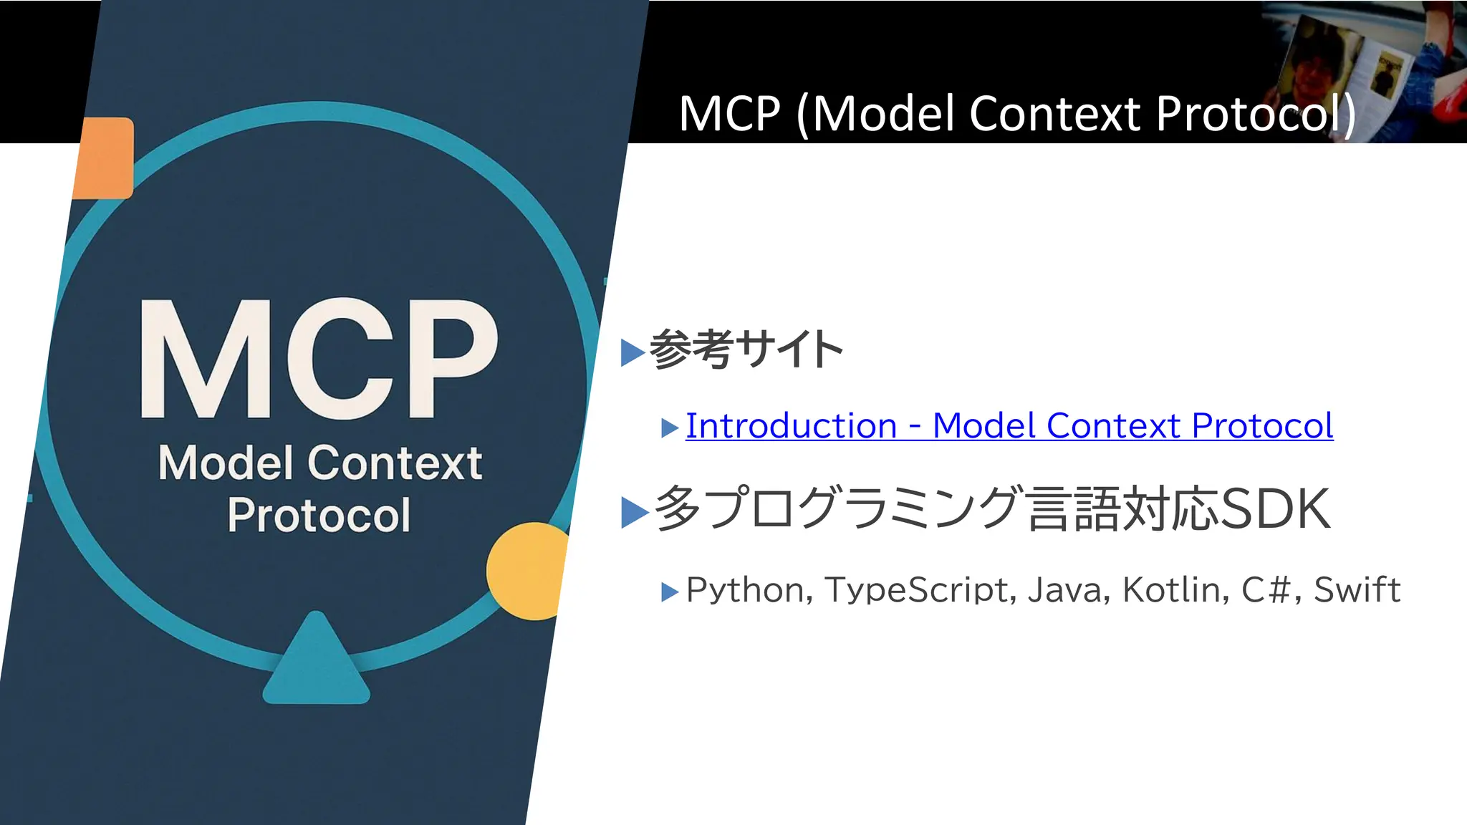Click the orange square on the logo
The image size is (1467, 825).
pyautogui.click(x=105, y=158)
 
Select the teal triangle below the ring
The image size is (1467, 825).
pyautogui.click(x=316, y=662)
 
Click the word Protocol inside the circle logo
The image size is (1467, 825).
pyautogui.click(x=319, y=515)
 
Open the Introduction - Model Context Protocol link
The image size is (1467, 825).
pyautogui.click(x=1009, y=426)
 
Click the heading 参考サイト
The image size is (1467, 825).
pyautogui.click(x=746, y=350)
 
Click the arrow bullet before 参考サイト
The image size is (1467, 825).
pyautogui.click(x=633, y=352)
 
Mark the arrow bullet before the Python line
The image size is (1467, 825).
pyautogui.click(x=669, y=592)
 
